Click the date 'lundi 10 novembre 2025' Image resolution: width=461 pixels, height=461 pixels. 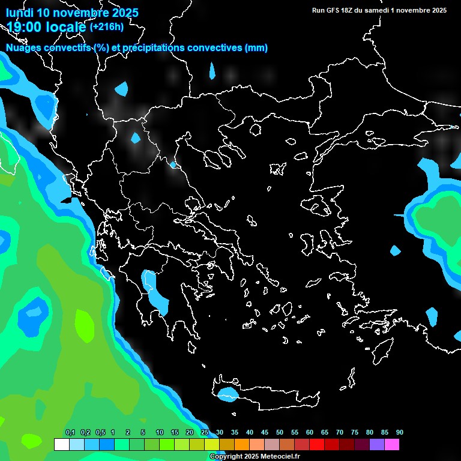(72, 13)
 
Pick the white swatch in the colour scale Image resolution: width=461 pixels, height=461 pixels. (61, 445)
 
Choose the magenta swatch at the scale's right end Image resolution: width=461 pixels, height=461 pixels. (392, 445)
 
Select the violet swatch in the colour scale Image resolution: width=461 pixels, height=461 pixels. (377, 445)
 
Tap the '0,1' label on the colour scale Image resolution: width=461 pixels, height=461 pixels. (70, 433)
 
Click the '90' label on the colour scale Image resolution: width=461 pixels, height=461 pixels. (400, 433)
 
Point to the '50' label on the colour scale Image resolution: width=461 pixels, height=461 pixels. (280, 433)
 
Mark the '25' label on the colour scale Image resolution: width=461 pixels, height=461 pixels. (205, 433)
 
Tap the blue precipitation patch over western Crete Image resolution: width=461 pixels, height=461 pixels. (227, 395)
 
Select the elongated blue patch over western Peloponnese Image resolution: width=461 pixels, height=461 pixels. (155, 292)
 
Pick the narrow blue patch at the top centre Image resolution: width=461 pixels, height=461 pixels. (212, 71)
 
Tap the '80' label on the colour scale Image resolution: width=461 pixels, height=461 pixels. (370, 433)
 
